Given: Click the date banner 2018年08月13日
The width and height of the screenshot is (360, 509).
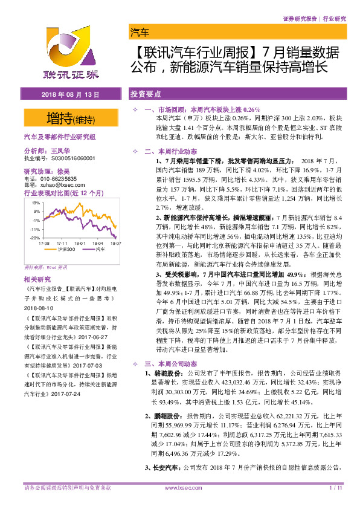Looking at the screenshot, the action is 69,96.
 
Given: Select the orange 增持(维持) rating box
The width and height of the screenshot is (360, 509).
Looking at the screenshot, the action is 69,117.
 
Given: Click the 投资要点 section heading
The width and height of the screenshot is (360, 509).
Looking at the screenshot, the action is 146,95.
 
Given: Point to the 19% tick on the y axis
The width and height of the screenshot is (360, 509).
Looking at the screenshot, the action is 36,203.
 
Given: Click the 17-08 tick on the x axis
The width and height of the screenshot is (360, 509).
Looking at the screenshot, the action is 43,242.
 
